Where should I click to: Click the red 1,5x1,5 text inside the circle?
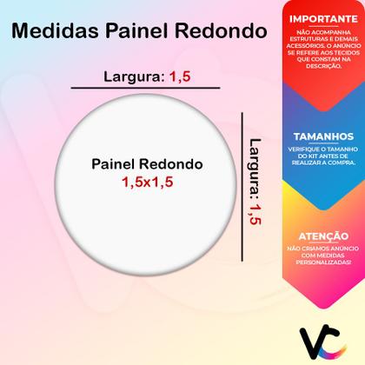point(146,183)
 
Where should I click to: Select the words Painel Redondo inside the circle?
point(146,165)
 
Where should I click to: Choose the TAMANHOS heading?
point(315,136)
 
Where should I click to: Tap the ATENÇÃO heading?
point(315,234)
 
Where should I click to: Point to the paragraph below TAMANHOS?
point(315,160)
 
